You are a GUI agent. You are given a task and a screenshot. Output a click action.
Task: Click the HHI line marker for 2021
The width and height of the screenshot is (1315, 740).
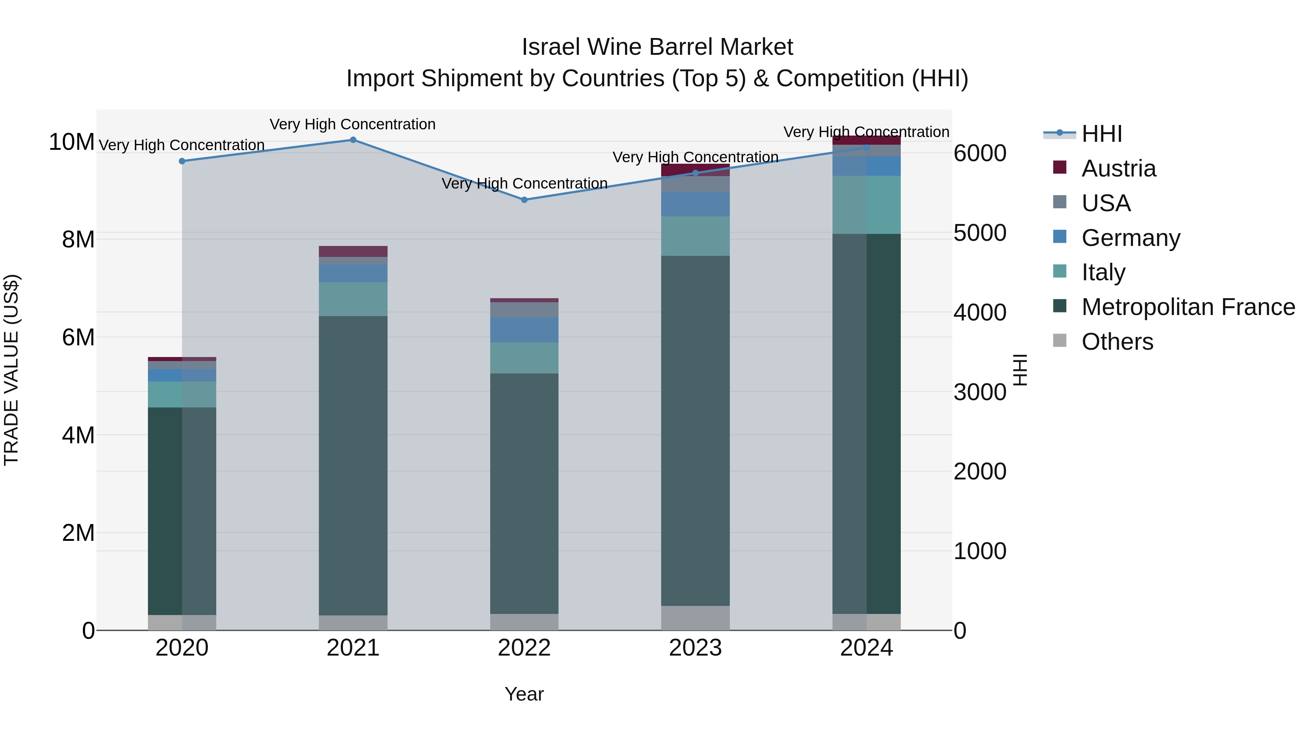[353, 140]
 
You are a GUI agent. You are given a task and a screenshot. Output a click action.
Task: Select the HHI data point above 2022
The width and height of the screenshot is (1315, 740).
[524, 200]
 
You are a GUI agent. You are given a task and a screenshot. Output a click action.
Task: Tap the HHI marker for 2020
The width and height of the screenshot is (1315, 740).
[182, 161]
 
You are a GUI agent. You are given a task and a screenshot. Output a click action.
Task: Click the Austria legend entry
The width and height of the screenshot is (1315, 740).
[1118, 168]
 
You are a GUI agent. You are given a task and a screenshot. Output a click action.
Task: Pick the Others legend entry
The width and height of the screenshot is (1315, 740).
[1117, 342]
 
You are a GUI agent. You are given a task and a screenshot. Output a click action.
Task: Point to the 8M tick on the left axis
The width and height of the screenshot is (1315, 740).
[78, 239]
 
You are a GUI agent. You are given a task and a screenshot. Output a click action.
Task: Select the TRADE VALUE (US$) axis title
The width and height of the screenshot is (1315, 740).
[12, 370]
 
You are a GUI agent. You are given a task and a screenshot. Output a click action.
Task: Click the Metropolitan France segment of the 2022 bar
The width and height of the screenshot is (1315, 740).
[524, 493]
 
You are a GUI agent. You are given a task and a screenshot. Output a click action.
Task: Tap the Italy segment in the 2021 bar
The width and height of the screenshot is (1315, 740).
[353, 299]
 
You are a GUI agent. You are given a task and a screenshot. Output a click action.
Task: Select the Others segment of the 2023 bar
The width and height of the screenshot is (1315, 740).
[695, 618]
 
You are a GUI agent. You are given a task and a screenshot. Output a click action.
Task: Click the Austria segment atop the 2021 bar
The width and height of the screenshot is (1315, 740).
[353, 251]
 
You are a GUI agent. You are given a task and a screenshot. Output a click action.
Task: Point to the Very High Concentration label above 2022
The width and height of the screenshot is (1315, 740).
[524, 183]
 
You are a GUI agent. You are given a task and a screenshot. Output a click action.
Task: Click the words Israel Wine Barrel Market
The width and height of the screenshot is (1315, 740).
[657, 47]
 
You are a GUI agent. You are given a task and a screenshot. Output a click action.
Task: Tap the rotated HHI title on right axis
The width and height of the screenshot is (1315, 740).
[1020, 370]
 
